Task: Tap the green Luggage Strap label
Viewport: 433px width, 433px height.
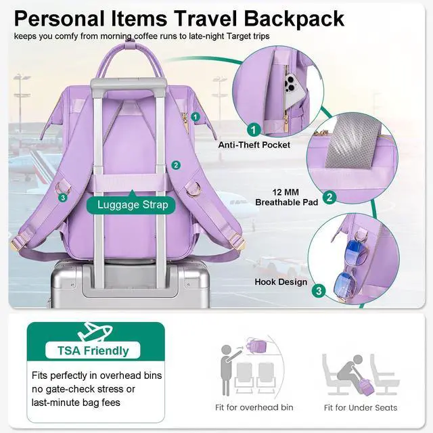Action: point(133,204)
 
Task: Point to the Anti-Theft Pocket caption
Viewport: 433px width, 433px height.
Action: point(254,145)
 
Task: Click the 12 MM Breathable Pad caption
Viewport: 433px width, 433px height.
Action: point(286,197)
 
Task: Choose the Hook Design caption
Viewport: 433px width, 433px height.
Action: point(281,282)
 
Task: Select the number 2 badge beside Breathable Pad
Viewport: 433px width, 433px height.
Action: point(329,198)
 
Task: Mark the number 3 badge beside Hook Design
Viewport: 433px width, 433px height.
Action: point(319,292)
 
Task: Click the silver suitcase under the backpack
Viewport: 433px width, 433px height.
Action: point(129,284)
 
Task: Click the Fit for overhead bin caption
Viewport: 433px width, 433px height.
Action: point(254,407)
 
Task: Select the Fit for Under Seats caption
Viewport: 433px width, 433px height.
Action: point(361,407)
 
